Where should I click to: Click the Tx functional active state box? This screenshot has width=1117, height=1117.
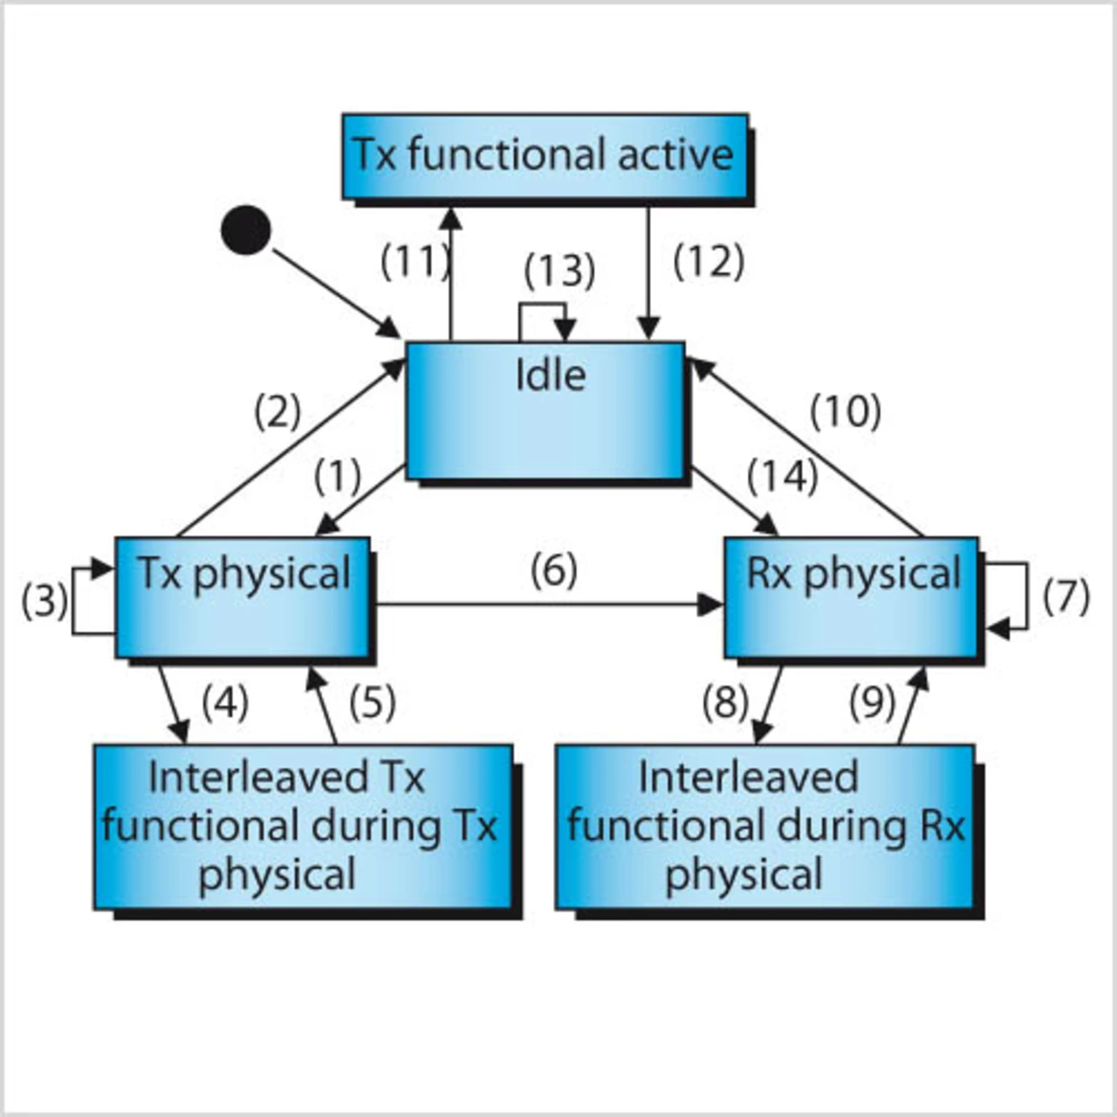545,156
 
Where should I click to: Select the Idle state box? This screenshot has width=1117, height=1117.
545,411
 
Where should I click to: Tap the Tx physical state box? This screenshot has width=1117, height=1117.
243,598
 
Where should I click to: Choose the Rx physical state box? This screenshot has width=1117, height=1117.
852,598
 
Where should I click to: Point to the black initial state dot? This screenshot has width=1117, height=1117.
246,230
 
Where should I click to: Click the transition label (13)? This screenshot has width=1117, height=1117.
560,271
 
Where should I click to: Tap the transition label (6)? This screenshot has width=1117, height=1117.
554,571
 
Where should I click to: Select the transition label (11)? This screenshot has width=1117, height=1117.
415,262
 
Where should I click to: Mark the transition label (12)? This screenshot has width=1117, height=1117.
709,262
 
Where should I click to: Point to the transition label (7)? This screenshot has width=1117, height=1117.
1066,598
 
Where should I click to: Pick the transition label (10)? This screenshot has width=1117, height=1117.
845,413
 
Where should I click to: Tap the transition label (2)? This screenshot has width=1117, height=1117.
278,413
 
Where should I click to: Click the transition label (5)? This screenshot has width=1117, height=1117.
373,702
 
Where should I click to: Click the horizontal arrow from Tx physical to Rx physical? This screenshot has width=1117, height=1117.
547,606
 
